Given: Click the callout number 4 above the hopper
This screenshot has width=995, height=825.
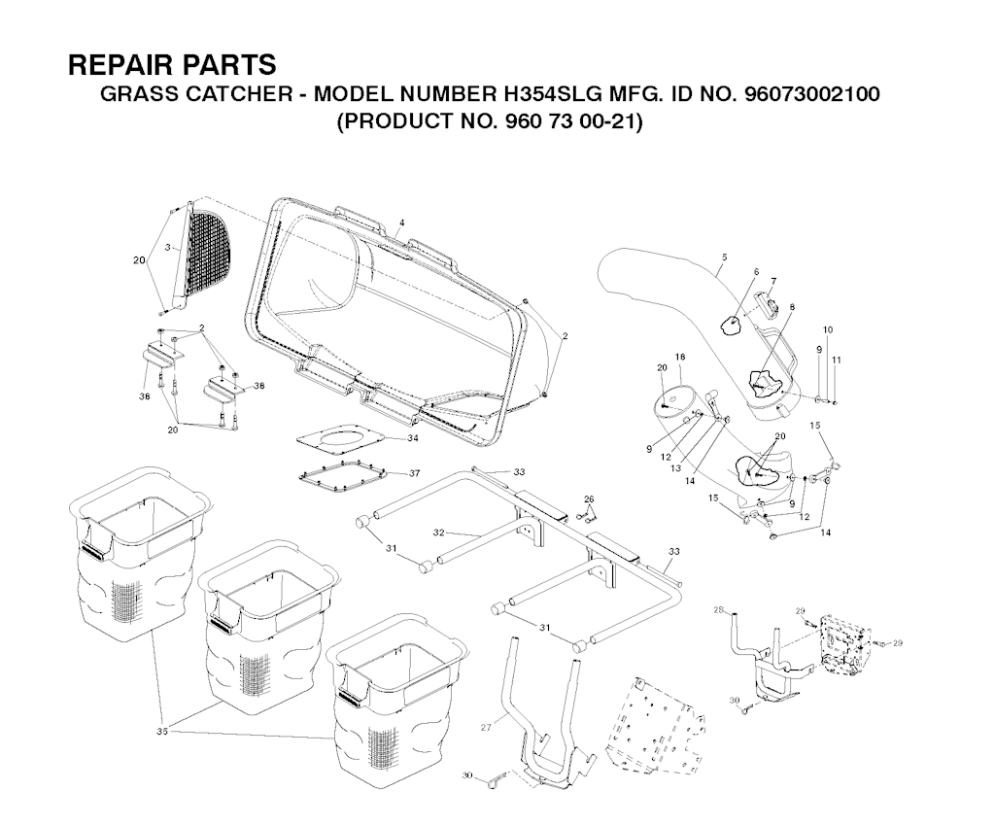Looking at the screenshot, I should pos(401,223).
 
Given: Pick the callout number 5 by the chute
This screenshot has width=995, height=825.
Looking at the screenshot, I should pos(724,258).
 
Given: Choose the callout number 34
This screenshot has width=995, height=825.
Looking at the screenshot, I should pos(414,438).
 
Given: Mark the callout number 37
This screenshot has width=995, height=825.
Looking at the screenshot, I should pos(414,473).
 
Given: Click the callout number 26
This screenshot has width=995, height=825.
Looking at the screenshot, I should pos(588,498).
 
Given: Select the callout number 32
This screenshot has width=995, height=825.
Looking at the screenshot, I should pos(438,533).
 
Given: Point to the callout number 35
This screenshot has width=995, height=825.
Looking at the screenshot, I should pos(162,731).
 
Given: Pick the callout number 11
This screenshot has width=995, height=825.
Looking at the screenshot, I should pos(836,361).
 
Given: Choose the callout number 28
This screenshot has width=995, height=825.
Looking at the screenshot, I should pos(719,609).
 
